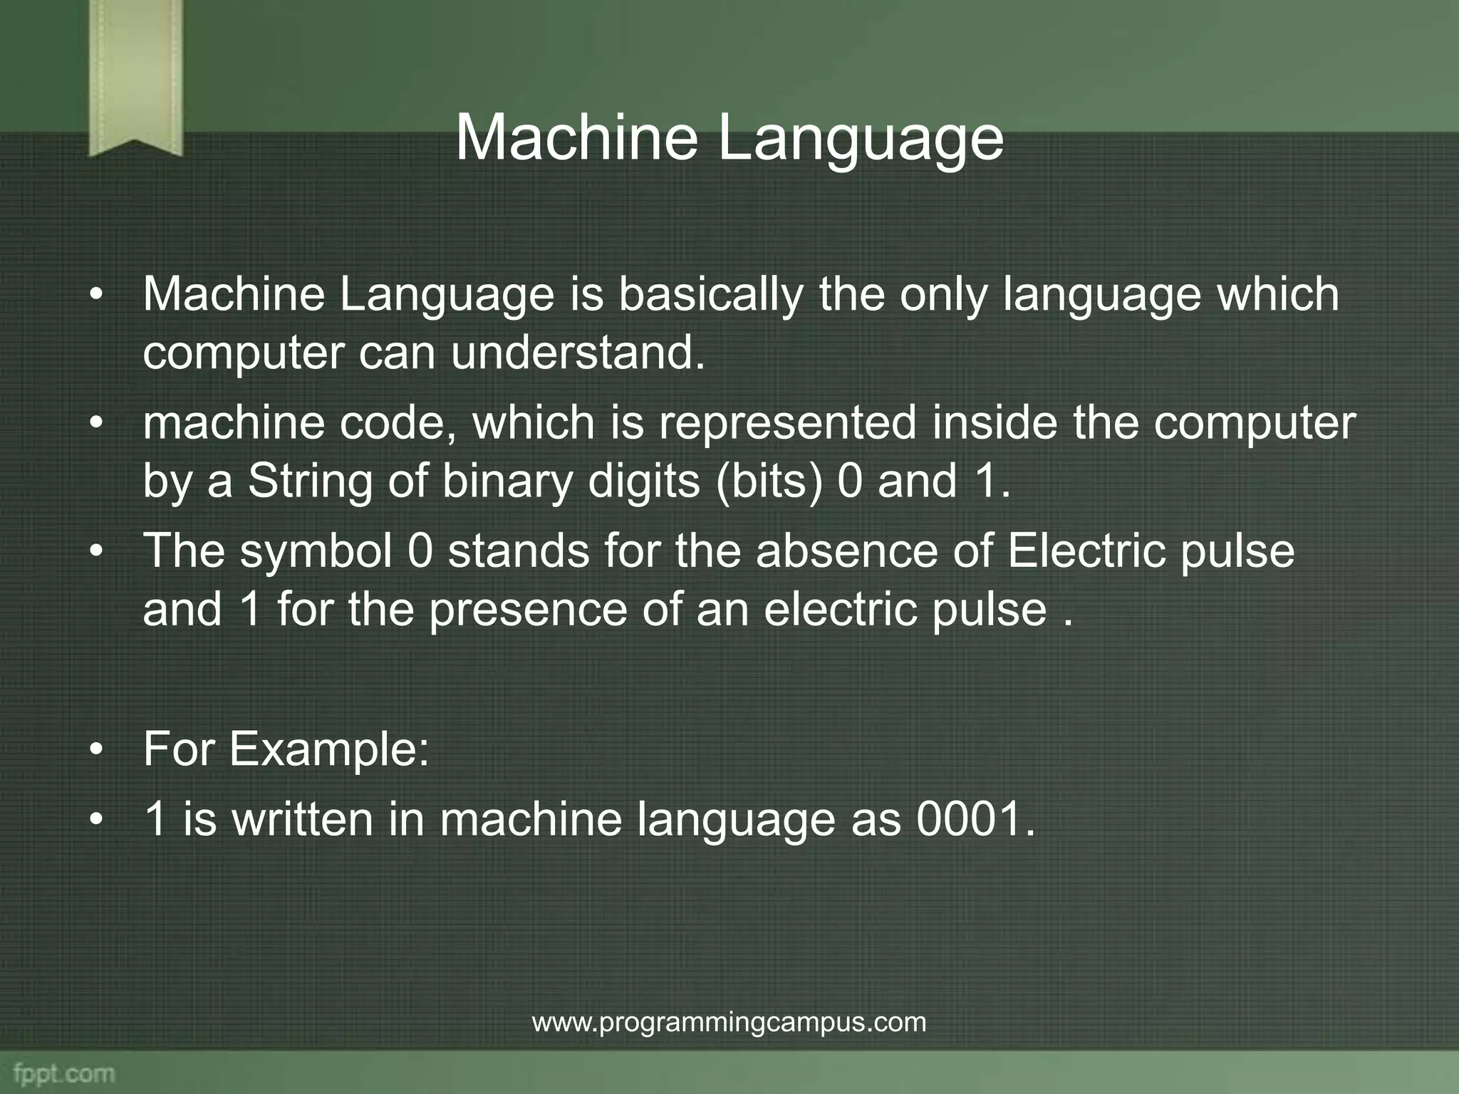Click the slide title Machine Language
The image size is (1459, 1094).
click(x=729, y=138)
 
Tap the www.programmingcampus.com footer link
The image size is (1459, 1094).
click(x=729, y=1022)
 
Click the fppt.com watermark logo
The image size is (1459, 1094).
click(x=63, y=1073)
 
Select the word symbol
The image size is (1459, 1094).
click(x=316, y=551)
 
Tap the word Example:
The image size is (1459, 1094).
click(x=329, y=749)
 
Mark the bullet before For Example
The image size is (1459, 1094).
click(x=97, y=751)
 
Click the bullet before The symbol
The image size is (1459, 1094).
click(x=97, y=553)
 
